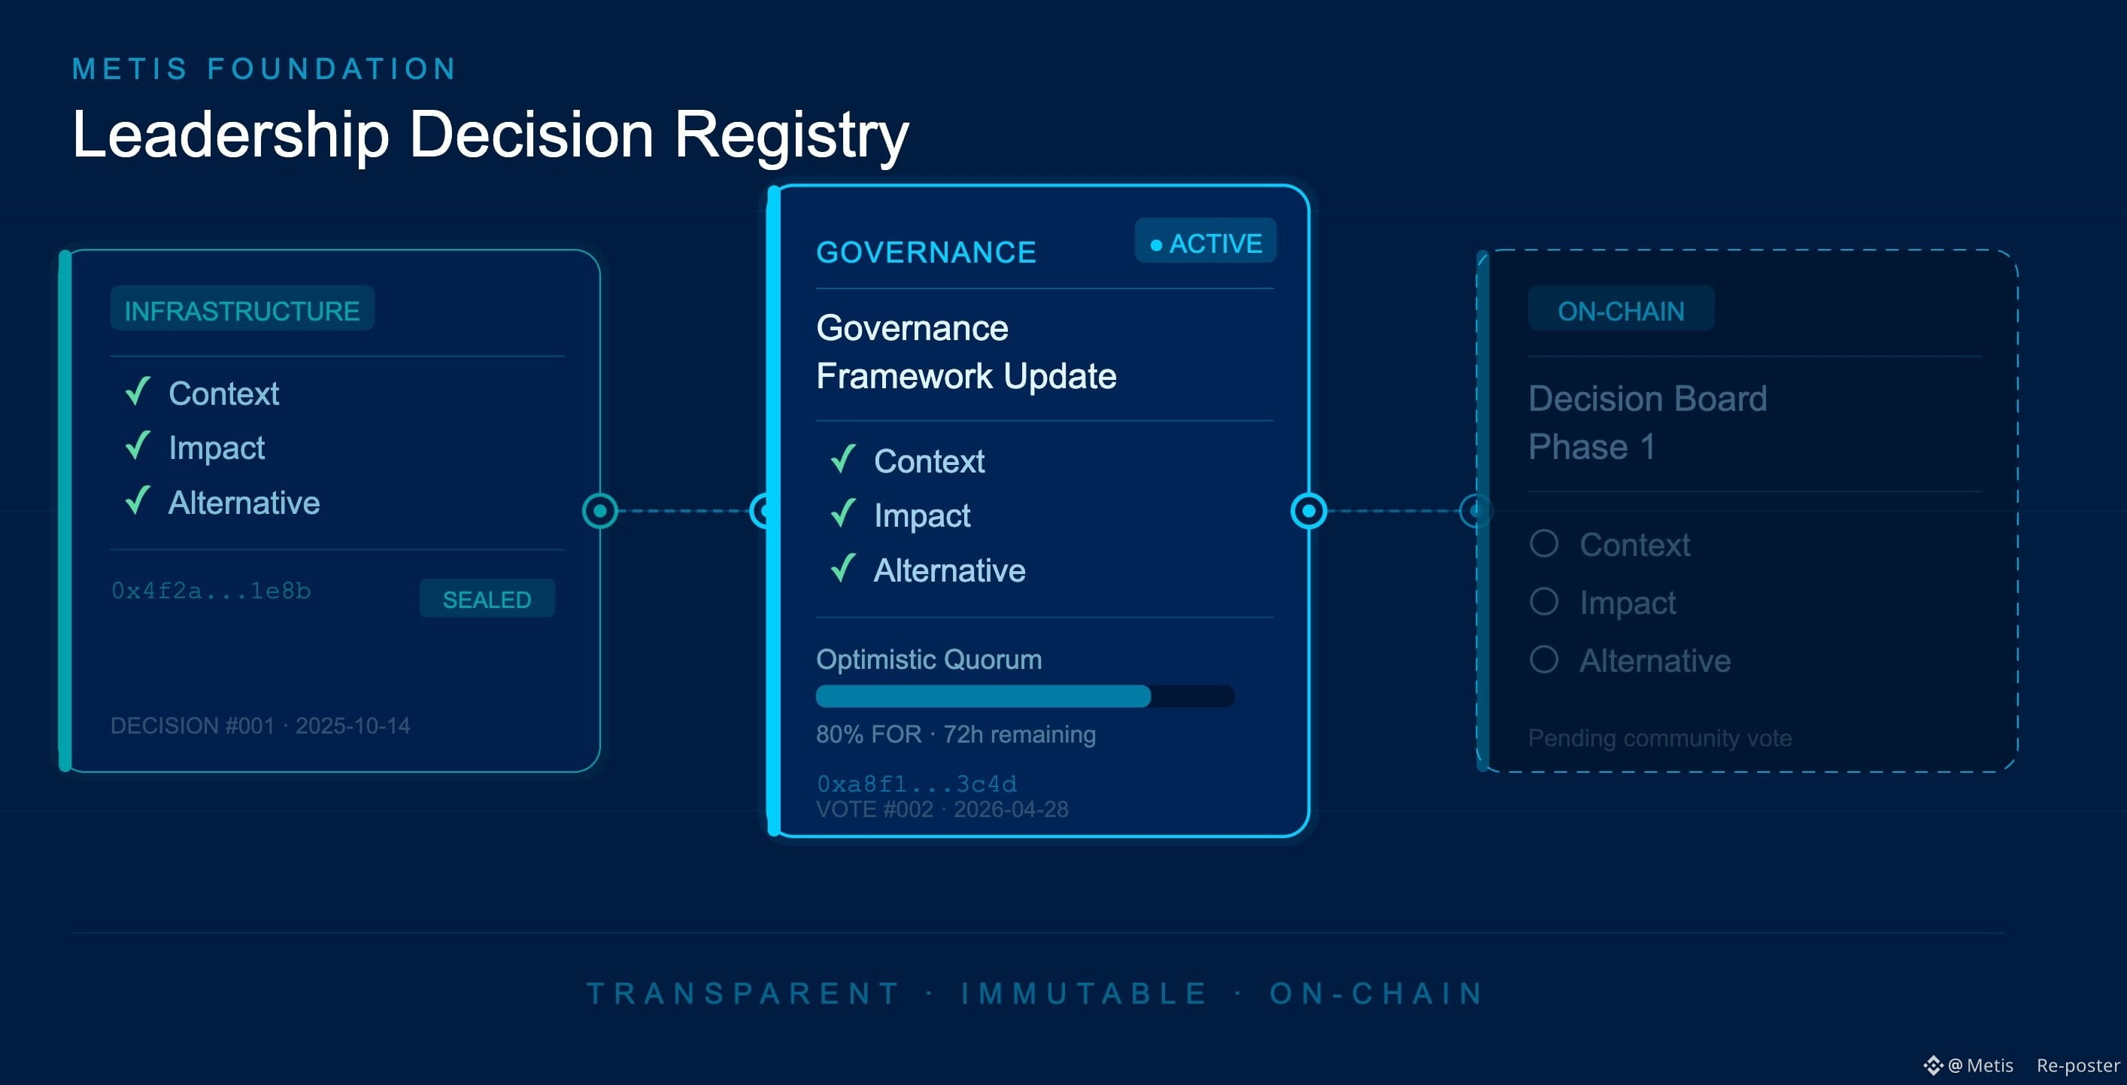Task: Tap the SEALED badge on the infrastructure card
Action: tap(487, 599)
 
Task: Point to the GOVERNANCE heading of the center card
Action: tap(926, 252)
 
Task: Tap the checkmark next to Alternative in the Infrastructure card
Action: tap(138, 500)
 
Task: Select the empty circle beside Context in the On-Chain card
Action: tap(1544, 543)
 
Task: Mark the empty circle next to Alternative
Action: tap(1544, 659)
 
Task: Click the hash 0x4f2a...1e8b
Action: tap(211, 591)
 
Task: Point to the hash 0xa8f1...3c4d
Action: tap(917, 783)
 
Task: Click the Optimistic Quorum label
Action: tap(929, 659)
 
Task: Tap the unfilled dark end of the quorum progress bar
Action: tap(1192, 696)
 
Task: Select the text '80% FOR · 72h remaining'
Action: tap(956, 734)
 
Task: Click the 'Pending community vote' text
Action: tap(1660, 737)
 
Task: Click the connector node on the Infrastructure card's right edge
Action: tap(600, 511)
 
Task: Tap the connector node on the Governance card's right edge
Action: tap(1309, 511)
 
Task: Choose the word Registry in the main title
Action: tap(792, 135)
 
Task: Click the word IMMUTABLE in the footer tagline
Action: tap(1084, 992)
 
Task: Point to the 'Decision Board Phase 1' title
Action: tap(1647, 422)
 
